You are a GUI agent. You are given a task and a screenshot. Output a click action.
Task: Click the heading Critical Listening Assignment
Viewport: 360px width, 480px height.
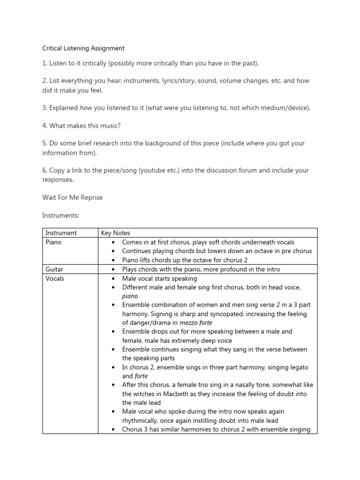83,48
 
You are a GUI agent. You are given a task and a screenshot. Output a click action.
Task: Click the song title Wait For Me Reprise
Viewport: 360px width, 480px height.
72,197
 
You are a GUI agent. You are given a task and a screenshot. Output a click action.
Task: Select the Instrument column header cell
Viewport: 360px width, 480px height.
61,233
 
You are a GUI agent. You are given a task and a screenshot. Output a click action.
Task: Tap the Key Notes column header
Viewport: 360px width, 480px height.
116,233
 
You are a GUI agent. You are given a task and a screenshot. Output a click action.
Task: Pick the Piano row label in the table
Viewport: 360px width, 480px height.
53,242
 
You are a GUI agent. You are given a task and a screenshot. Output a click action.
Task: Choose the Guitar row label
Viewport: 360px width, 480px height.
54,270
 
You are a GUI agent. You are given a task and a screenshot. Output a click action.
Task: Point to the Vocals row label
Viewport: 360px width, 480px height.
55,278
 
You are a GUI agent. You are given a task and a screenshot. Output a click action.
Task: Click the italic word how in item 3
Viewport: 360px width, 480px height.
86,108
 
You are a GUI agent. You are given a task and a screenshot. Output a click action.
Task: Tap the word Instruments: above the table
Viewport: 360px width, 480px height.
61,215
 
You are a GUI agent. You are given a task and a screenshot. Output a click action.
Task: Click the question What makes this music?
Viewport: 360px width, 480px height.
82,126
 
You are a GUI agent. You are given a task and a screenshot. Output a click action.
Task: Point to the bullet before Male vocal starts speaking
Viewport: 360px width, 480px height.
114,278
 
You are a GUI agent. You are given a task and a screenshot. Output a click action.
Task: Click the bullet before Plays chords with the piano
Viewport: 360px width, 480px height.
114,270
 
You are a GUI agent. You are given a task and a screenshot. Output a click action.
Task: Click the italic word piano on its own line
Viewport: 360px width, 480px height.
130,296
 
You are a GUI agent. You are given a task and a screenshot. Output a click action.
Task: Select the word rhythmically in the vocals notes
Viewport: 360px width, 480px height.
140,420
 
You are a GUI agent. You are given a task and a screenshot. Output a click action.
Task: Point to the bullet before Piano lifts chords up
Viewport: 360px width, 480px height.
114,260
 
